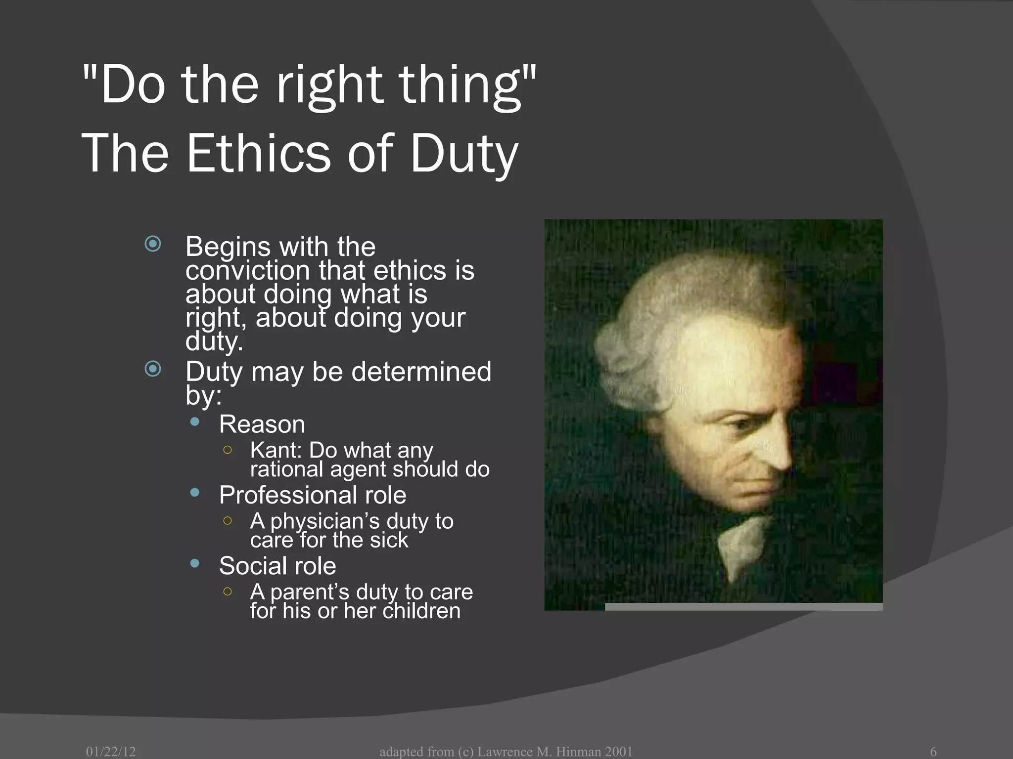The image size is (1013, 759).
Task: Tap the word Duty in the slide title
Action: (464, 154)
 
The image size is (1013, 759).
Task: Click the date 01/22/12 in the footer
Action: (111, 752)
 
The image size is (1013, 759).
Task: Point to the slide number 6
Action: (933, 752)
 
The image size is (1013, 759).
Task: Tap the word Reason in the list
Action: (262, 424)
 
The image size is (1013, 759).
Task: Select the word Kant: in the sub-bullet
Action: (276, 450)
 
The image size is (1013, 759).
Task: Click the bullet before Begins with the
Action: (153, 244)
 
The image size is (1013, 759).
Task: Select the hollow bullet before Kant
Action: (228, 450)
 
